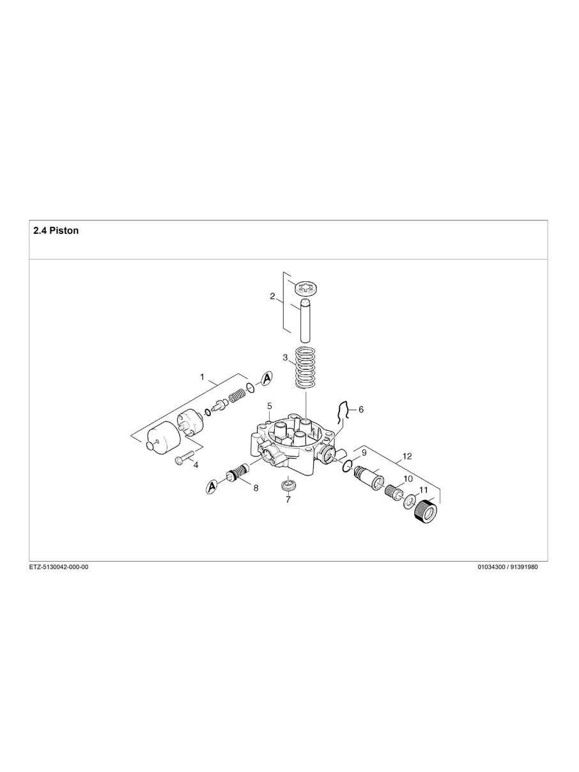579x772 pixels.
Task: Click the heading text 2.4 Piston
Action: [x=56, y=231]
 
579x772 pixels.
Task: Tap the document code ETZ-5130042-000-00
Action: [x=59, y=567]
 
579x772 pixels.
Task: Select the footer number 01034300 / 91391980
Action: [x=507, y=567]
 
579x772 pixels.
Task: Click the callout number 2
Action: [x=272, y=297]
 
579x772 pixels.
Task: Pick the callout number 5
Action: [x=270, y=406]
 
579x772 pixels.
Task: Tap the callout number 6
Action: [x=360, y=409]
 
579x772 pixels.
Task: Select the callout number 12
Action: [x=407, y=456]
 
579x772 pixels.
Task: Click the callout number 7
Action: [x=288, y=500]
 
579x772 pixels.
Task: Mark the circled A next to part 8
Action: [x=212, y=488]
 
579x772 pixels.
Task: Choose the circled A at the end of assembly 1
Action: [x=266, y=378]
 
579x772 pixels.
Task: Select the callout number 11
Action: [x=423, y=490]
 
